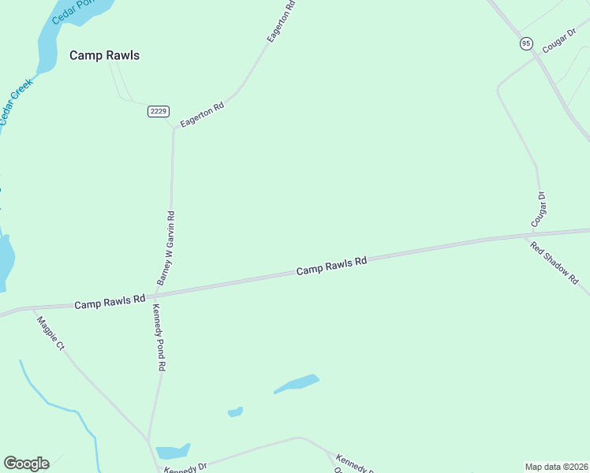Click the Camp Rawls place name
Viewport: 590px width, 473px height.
click(x=104, y=55)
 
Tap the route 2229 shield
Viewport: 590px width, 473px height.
click(x=158, y=111)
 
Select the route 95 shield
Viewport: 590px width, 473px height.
click(x=526, y=43)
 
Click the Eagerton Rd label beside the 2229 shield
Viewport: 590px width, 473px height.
click(x=202, y=114)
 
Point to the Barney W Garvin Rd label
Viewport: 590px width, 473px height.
click(x=166, y=248)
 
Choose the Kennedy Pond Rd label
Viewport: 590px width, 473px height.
click(x=159, y=337)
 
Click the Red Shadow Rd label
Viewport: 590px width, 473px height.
click(x=555, y=263)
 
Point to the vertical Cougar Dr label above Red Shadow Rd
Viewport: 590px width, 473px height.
click(x=542, y=204)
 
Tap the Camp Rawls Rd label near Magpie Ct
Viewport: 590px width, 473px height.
click(x=110, y=300)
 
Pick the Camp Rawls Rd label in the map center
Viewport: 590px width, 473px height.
click(x=332, y=266)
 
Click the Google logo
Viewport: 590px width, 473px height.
click(x=26, y=464)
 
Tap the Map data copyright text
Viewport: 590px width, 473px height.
click(x=557, y=466)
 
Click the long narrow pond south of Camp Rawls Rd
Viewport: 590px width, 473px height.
click(x=297, y=383)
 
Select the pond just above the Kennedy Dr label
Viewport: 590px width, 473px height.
click(x=172, y=452)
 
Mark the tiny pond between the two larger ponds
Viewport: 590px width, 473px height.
click(x=235, y=412)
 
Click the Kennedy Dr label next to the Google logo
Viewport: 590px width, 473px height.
click(x=185, y=467)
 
